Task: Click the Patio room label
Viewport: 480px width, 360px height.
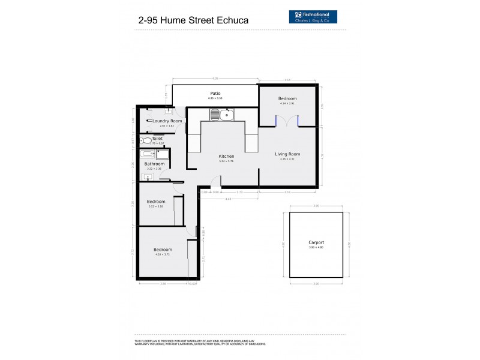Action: click(215, 94)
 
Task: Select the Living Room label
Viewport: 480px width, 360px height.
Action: click(287, 154)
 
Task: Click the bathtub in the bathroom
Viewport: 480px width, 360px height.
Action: click(148, 154)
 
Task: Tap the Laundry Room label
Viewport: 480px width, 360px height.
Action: click(167, 121)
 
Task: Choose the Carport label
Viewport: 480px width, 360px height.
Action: click(316, 242)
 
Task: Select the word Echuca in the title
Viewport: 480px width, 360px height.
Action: click(230, 20)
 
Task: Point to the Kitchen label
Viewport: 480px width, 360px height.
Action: click(226, 156)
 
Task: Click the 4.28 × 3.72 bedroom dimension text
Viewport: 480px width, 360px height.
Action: click(162, 254)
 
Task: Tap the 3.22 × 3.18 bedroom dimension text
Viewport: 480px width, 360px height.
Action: click(155, 206)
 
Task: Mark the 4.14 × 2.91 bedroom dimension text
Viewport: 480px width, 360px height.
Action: click(287, 103)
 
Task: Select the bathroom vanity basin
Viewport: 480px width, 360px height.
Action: click(148, 176)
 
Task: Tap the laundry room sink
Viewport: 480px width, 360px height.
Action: click(169, 112)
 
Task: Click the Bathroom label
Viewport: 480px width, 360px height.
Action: click(154, 164)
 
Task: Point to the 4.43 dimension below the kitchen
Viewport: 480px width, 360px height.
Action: click(228, 199)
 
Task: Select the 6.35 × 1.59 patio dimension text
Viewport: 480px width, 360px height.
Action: click(215, 98)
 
